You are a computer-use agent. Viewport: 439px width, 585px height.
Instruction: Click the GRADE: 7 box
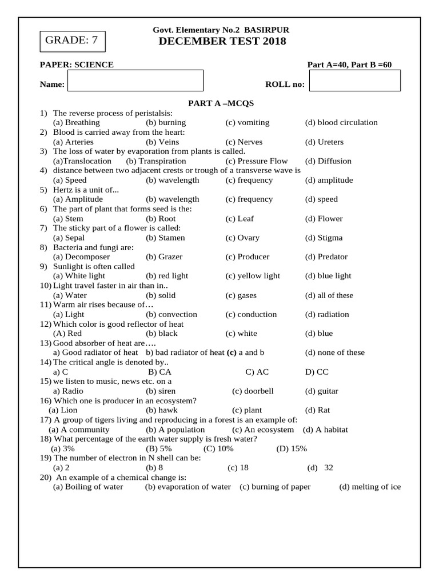point(72,40)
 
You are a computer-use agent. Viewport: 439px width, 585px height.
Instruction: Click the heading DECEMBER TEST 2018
point(222,41)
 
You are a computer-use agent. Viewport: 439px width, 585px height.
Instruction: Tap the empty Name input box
point(135,81)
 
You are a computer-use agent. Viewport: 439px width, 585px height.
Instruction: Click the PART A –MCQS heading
point(221,103)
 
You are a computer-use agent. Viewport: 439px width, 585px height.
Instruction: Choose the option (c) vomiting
point(247,122)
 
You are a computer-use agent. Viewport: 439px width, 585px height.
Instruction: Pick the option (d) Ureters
point(324,142)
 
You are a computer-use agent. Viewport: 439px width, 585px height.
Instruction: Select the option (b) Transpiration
point(156,161)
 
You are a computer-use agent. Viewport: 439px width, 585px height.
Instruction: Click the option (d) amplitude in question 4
point(329,180)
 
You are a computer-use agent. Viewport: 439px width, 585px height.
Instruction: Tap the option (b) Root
point(161,218)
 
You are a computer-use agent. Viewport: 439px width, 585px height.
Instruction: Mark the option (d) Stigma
point(324,238)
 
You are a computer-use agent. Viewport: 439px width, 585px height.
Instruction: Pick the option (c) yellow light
point(253,276)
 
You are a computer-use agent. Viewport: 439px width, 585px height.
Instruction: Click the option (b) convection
point(171,314)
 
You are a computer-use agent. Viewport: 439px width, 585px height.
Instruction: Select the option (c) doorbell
point(253,391)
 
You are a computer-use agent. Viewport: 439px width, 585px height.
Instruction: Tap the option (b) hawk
point(161,410)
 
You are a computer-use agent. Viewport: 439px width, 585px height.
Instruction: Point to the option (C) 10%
point(218,448)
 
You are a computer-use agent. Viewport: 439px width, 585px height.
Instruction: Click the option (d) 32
point(320,468)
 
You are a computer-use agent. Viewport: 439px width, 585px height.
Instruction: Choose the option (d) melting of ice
point(370,487)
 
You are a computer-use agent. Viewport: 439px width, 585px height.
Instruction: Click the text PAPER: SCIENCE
point(77,65)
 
